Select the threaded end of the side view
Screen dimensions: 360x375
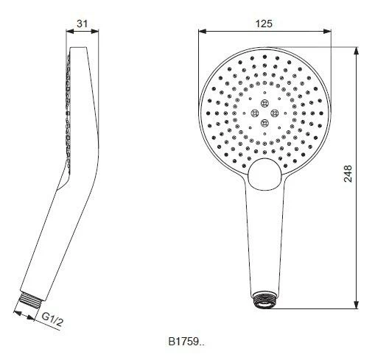tap(30, 303)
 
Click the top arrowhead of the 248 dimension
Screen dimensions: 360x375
tap(357, 52)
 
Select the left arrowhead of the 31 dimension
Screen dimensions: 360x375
tap(68, 31)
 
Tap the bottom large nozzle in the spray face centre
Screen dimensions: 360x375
tap(265, 122)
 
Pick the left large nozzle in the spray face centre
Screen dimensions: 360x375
tap(255, 112)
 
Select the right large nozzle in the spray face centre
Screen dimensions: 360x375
tap(276, 112)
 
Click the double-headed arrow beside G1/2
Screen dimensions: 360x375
tap(29, 316)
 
